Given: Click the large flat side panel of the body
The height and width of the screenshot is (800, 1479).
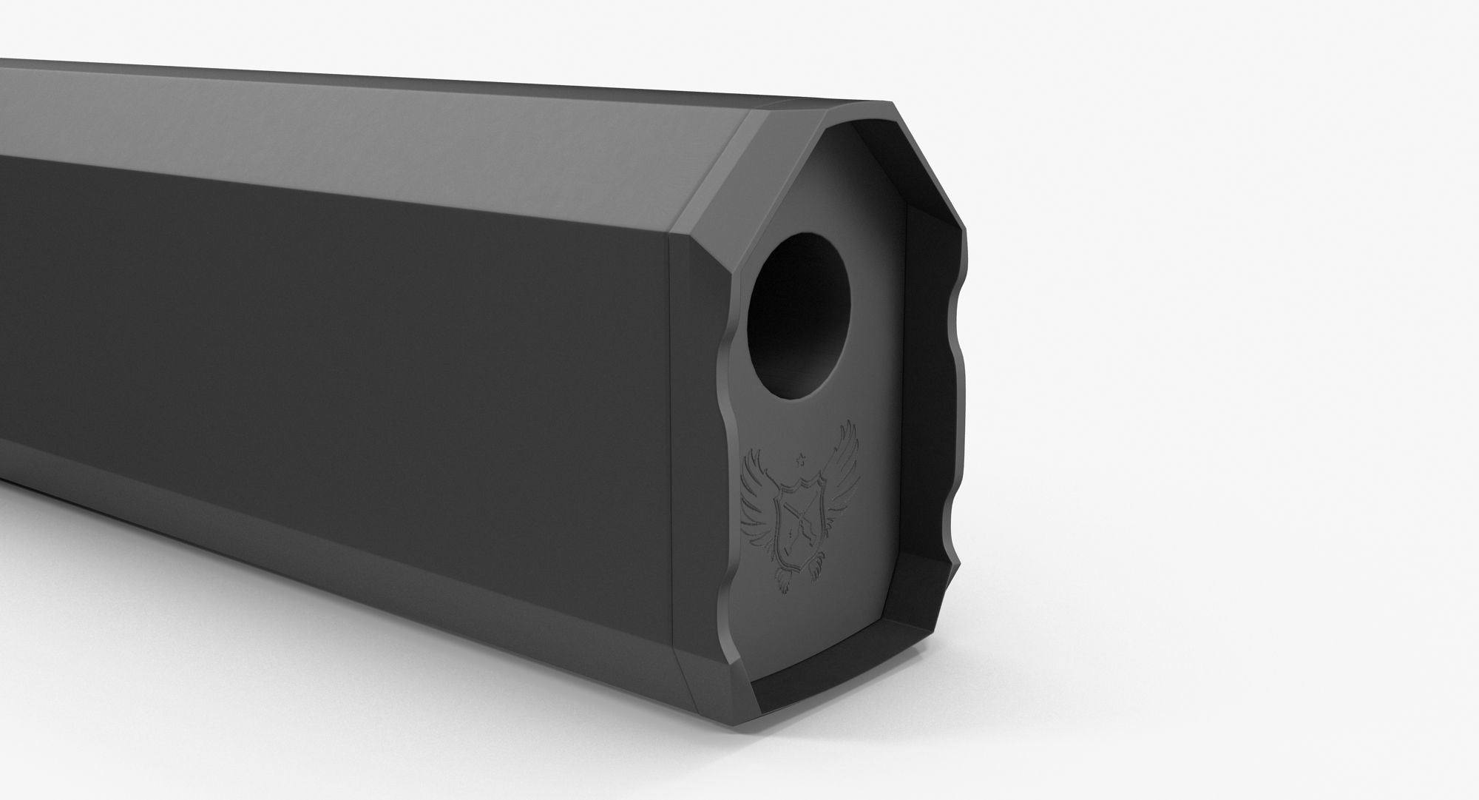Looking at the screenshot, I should coord(333,370).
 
